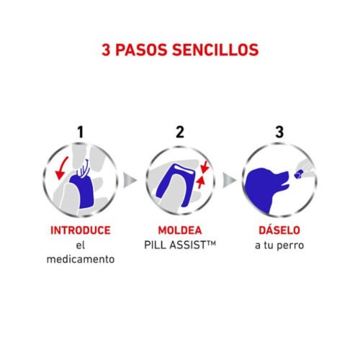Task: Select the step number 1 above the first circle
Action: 81,132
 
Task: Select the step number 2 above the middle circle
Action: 181,132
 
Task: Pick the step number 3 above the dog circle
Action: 279,132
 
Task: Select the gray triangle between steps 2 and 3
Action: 229,179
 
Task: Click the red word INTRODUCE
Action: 80,231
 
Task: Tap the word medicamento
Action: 80,258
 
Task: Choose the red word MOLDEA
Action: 180,231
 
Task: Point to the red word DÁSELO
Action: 279,231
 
